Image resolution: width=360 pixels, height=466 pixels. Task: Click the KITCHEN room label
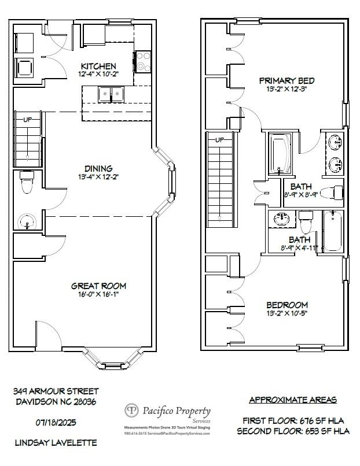(x=98, y=66)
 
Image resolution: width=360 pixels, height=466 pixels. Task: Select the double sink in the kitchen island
(x=111, y=94)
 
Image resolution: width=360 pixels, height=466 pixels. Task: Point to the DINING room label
(x=98, y=169)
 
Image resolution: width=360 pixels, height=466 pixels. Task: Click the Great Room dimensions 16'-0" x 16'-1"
(x=98, y=294)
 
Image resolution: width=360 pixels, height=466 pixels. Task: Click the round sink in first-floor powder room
(x=27, y=221)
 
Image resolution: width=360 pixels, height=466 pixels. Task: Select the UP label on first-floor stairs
(x=27, y=120)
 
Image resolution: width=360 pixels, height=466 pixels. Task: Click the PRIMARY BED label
(x=286, y=81)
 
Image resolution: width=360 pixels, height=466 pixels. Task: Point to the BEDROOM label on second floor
(x=287, y=305)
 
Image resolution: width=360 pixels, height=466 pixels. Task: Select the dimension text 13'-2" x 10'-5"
(x=287, y=314)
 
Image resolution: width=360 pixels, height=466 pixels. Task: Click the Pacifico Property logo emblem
(x=133, y=410)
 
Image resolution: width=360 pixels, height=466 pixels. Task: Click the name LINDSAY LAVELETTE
(x=56, y=443)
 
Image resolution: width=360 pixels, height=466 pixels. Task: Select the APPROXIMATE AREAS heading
(x=293, y=400)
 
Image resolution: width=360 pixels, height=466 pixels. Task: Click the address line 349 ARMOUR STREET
(x=56, y=391)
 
